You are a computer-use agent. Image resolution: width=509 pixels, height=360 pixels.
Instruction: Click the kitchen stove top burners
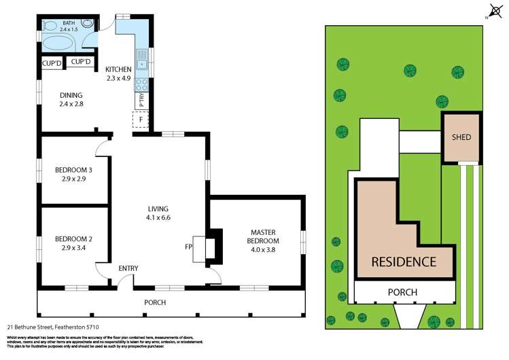pyautogui.click(x=143, y=85)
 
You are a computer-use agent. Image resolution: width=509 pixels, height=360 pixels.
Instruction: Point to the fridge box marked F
pyautogui.click(x=141, y=120)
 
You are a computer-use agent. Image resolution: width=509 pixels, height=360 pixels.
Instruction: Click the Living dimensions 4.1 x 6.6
pyautogui.click(x=158, y=217)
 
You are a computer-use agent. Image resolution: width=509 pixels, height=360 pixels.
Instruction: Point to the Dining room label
pyautogui.click(x=71, y=95)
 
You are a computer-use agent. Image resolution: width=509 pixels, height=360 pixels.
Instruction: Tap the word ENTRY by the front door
pyautogui.click(x=128, y=268)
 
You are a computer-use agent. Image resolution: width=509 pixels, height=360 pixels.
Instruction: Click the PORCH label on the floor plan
pyautogui.click(x=155, y=302)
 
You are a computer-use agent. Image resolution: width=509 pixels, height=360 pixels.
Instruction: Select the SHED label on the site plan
pyautogui.click(x=461, y=137)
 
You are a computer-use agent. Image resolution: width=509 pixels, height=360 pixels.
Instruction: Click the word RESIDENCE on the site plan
pyautogui.click(x=403, y=262)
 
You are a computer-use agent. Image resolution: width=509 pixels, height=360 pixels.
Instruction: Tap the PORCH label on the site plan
pyautogui.click(x=402, y=292)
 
